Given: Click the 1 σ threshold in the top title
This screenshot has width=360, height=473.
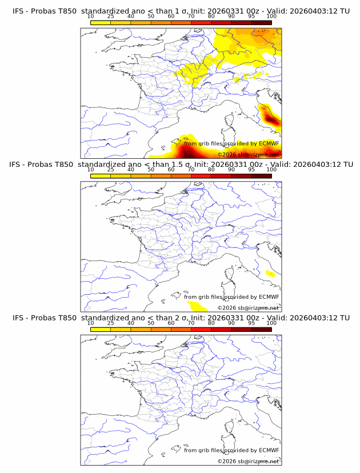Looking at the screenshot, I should point(181,11).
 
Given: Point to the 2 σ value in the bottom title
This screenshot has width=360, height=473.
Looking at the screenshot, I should point(181,318).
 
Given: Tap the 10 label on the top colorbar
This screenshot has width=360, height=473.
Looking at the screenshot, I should point(90,17).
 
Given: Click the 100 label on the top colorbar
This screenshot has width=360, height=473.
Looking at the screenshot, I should point(271,17).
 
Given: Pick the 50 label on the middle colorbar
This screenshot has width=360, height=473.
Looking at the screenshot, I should point(151,170).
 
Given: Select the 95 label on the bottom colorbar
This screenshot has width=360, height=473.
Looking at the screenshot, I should point(251,323).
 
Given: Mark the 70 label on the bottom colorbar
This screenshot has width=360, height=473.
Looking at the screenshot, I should point(191,323).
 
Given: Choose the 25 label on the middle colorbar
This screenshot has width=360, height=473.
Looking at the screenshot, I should point(110,170).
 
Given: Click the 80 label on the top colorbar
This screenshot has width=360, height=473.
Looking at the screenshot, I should point(211,17).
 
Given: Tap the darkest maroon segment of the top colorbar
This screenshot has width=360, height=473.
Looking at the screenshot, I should point(261,23).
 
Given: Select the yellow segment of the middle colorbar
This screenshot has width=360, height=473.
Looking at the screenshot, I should point(100,176).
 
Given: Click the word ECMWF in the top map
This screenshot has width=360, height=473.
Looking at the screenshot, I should point(269,143).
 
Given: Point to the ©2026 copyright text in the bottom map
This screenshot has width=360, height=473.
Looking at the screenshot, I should point(227,461).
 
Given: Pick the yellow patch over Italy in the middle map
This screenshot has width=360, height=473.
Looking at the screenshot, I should point(270,274).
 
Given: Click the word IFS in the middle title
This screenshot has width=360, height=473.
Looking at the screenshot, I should point(18,165).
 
